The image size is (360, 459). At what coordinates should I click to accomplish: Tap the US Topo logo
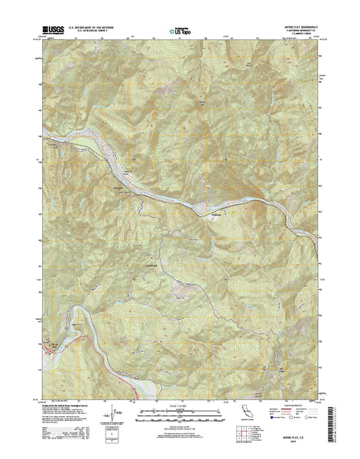[179, 31]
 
